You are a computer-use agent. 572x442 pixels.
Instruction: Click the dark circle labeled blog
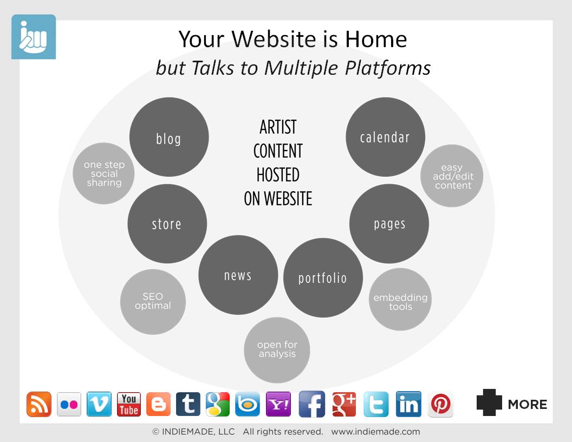[x=169, y=136]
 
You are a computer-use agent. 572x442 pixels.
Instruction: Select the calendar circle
[x=385, y=136]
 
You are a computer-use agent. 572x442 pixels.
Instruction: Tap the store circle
[x=167, y=224]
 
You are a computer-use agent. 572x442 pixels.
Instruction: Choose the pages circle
[x=389, y=224]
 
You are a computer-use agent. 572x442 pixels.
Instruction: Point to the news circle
[x=238, y=275]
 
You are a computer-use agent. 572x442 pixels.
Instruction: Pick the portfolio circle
[x=323, y=277]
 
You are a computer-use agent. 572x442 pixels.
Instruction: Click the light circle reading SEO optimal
[x=153, y=302]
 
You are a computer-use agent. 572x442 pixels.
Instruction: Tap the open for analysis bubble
[x=277, y=350]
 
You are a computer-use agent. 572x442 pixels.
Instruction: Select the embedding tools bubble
[x=400, y=300]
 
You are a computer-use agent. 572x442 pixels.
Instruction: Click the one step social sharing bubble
[x=103, y=173]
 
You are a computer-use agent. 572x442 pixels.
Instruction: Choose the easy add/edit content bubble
[x=452, y=176]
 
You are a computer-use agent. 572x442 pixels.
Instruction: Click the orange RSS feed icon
[x=38, y=404]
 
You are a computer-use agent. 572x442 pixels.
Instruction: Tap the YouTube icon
[x=129, y=404]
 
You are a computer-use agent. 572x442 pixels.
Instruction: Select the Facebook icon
[x=312, y=404]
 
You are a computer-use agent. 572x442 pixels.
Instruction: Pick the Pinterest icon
[x=440, y=404]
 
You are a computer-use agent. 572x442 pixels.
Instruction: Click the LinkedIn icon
[x=408, y=404]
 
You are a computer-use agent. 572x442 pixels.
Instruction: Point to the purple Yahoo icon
[x=278, y=404]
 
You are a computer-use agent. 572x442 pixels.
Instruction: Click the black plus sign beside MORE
[x=489, y=402]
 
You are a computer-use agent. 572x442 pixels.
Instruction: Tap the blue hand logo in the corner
[x=34, y=37]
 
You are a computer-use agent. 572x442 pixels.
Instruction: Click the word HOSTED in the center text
[x=278, y=174]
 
